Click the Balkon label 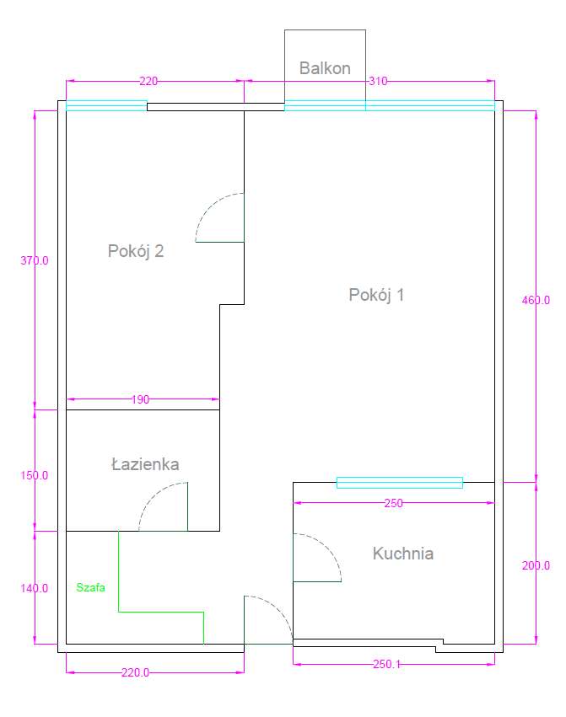(x=325, y=68)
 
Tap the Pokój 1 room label (x=377, y=295)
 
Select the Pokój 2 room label (x=136, y=251)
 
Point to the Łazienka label (x=145, y=464)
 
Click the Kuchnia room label (x=403, y=554)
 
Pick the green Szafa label (x=90, y=588)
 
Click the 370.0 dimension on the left (x=35, y=261)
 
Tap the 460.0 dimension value (x=536, y=300)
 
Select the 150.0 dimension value (x=35, y=475)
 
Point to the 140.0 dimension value (x=35, y=588)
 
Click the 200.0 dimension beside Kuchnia (x=536, y=566)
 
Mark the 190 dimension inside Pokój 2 (x=140, y=399)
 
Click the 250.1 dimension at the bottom (x=388, y=665)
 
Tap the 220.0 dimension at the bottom (x=135, y=672)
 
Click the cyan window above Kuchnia (x=400, y=483)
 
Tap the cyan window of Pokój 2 (x=106, y=105)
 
